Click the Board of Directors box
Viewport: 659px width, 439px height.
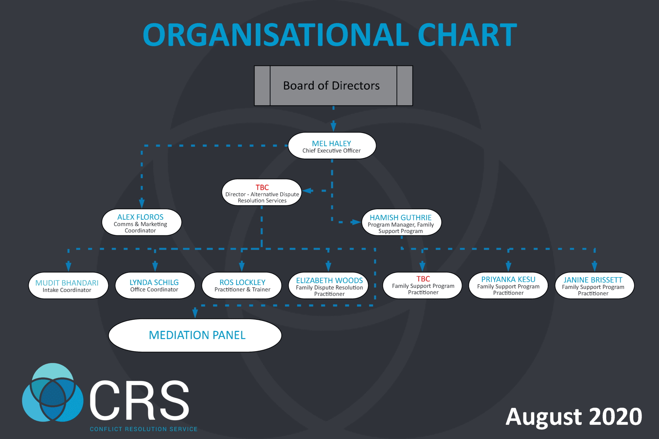pos(333,86)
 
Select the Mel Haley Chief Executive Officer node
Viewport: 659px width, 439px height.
pos(332,146)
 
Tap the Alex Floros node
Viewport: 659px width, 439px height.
pos(142,222)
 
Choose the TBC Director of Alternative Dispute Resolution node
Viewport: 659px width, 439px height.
pos(262,192)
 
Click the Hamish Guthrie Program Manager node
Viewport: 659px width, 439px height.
pos(401,222)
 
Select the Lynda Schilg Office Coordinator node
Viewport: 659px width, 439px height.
pos(155,286)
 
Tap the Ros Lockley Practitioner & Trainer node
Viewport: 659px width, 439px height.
pos(242,286)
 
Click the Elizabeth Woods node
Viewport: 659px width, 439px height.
pos(328,286)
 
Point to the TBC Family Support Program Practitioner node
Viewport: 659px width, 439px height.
pos(422,286)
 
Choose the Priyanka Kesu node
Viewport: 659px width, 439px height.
pos(508,286)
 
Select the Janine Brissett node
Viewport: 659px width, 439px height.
pos(595,286)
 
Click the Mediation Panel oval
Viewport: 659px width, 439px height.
pos(195,335)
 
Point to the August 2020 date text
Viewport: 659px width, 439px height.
pos(574,417)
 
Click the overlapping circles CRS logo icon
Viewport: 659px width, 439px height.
pos(52,392)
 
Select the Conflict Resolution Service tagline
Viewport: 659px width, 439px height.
pos(144,429)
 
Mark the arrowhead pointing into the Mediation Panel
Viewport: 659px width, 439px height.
pos(195,313)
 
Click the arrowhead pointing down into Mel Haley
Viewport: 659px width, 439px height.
pos(333,126)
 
